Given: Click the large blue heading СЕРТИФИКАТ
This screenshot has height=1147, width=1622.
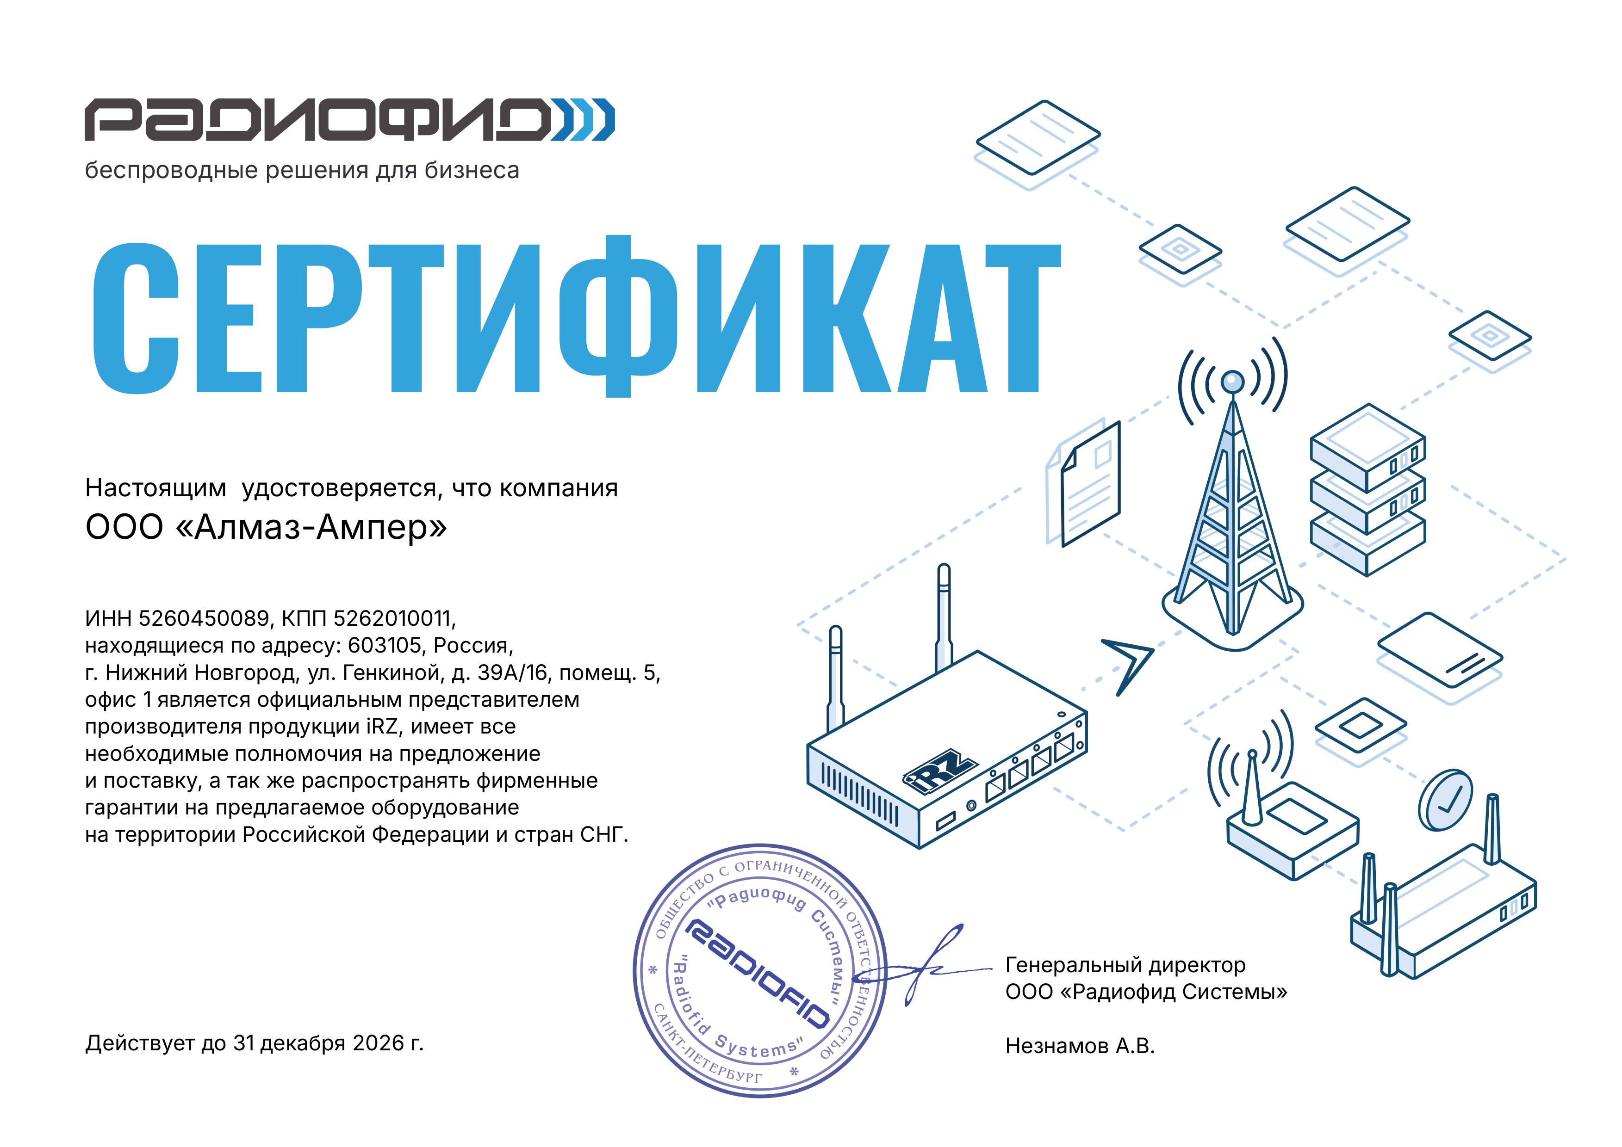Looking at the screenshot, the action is tap(576, 316).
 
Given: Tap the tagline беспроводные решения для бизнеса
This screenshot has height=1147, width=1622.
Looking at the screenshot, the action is tap(302, 170).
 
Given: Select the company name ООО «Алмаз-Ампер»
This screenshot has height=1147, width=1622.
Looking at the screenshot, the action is tap(267, 527).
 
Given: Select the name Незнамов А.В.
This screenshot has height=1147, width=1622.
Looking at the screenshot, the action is tap(1080, 1046).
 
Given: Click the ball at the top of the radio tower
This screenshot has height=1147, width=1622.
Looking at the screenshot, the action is tap(1232, 382).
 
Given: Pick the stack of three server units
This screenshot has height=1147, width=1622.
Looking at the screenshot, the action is tap(1367, 489).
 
